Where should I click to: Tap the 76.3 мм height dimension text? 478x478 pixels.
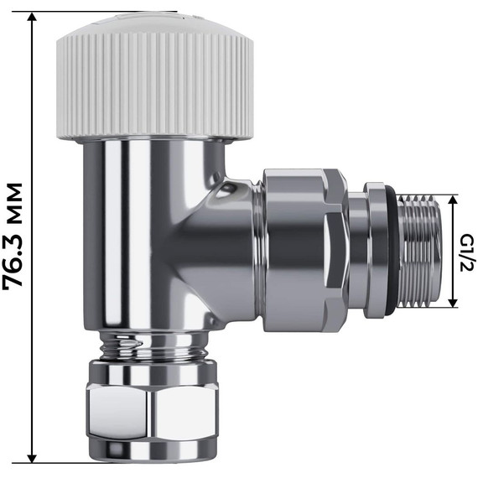point(14,236)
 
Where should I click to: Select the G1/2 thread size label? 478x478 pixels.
point(466,252)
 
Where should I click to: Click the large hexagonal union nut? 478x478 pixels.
point(303,249)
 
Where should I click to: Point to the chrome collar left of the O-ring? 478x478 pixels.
point(360,252)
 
